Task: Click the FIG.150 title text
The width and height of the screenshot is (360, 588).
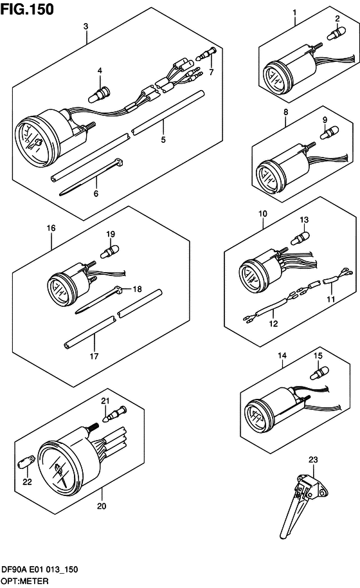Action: point(27,8)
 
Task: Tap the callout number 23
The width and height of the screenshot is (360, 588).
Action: point(313,459)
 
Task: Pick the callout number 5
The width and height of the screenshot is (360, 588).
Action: point(163,139)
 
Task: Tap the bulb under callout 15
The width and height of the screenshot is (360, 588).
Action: point(319,372)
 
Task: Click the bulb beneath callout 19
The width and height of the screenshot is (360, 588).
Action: point(110,249)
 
